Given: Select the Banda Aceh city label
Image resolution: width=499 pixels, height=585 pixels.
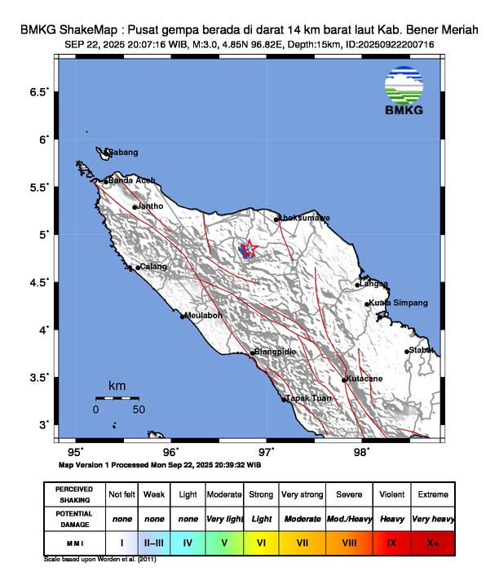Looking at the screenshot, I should pos(131,180).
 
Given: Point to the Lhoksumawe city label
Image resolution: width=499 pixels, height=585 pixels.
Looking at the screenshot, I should pos(304,218).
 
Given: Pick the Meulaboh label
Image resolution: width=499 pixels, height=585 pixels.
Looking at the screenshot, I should pos(204,315).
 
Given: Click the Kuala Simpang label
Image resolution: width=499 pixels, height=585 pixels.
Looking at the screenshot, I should pos(398,303).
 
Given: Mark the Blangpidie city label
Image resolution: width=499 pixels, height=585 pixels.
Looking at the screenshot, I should pos(275,352).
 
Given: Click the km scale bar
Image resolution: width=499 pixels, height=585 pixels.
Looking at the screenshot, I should pos(117,398).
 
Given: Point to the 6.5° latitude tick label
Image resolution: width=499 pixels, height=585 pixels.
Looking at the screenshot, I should pos(39,92).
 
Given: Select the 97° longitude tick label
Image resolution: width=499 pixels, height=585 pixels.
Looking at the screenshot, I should pos(266,451).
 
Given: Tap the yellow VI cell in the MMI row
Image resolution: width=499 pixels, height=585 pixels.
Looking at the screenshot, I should pos(261,541).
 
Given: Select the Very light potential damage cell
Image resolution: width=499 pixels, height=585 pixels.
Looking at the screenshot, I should pos(225,518).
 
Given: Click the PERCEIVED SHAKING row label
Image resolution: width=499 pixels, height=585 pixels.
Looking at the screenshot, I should pos(74,494).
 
